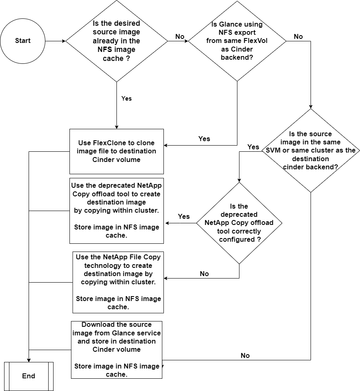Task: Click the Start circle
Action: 22,41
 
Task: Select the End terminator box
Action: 29,376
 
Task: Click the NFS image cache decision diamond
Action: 116,41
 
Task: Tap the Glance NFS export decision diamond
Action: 237,41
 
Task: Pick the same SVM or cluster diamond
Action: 311,150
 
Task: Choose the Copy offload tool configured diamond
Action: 239,223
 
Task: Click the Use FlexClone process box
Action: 116,151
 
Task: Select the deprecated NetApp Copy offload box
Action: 116,211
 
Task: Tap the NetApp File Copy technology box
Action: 118,282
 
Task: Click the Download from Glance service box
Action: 116,350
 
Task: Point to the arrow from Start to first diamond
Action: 55,41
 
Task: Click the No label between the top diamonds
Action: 180,37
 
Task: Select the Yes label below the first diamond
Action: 127,99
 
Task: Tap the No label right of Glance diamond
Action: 298,37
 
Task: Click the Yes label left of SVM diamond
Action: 253,147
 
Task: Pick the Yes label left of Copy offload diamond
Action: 184,216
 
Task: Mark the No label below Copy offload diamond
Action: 204,274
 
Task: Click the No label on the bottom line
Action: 245,355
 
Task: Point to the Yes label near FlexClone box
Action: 204,139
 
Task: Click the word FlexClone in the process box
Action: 104,143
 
